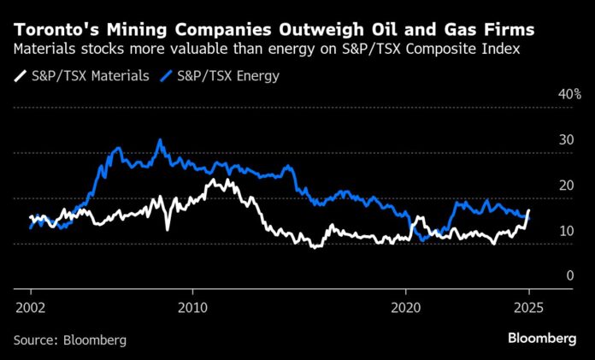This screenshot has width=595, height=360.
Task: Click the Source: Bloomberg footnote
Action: coord(70,339)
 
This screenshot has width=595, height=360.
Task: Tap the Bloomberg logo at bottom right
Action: coord(542,339)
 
